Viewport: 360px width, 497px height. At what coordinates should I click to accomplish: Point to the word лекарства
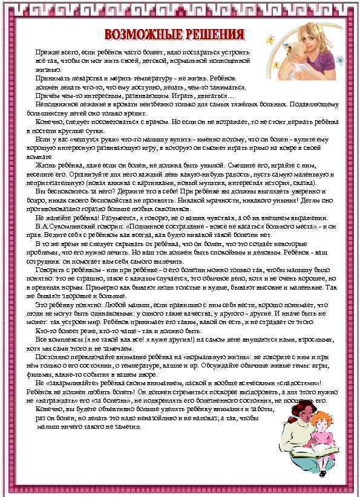pyautogui.click(x=84, y=79)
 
